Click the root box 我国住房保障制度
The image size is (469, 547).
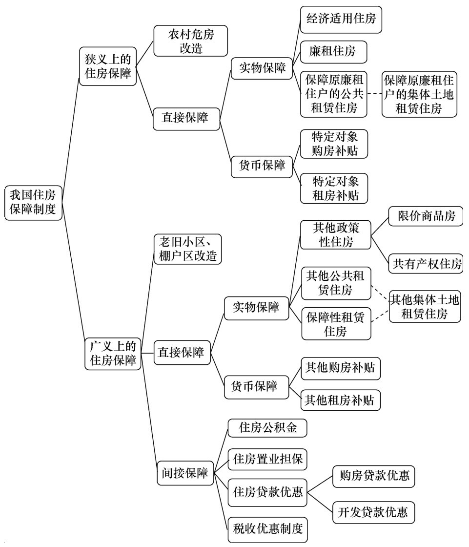click(33, 203)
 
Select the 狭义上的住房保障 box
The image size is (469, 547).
click(108, 66)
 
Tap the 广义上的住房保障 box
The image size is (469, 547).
click(113, 354)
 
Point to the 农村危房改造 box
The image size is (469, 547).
click(191, 41)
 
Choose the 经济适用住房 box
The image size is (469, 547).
click(341, 20)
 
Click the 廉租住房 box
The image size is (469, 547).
click(333, 52)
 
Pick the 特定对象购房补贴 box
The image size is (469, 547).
click(334, 144)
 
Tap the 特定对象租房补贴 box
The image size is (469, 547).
click(334, 189)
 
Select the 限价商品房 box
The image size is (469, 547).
click(426, 216)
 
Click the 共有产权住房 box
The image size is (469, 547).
click(426, 264)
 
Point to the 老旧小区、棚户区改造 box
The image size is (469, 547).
click(187, 249)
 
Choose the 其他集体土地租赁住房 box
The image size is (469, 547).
click(425, 306)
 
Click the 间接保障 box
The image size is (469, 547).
click(185, 473)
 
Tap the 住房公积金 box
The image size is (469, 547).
click(267, 428)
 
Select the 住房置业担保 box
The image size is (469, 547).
click(267, 459)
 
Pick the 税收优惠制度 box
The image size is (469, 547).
click(267, 529)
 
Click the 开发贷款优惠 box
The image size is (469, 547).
click(373, 512)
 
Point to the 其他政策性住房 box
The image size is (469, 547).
click(335, 235)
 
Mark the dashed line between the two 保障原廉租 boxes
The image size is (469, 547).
click(374, 93)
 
